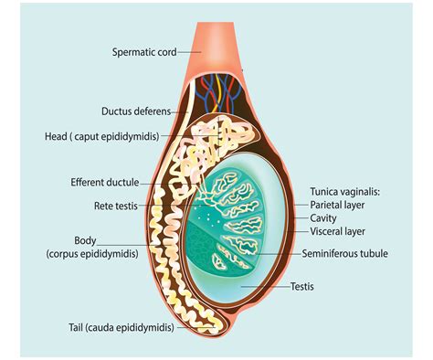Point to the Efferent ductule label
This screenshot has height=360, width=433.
(103, 182)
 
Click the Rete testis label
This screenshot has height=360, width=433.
(114, 206)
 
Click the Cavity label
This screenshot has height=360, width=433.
(323, 218)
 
